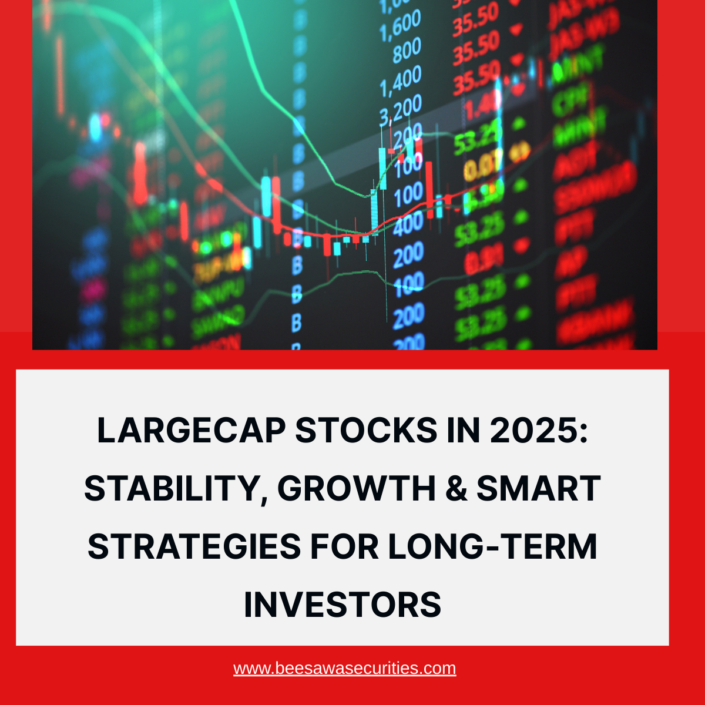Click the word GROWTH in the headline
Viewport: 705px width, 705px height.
pyautogui.click(x=356, y=489)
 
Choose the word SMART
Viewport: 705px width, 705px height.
pyautogui.click(x=538, y=489)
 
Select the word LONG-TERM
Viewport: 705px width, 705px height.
pyautogui.click(x=492, y=546)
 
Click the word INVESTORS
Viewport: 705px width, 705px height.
pyautogui.click(x=343, y=605)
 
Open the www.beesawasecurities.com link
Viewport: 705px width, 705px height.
pyautogui.click(x=344, y=669)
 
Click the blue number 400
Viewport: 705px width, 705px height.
pyautogui.click(x=408, y=224)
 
